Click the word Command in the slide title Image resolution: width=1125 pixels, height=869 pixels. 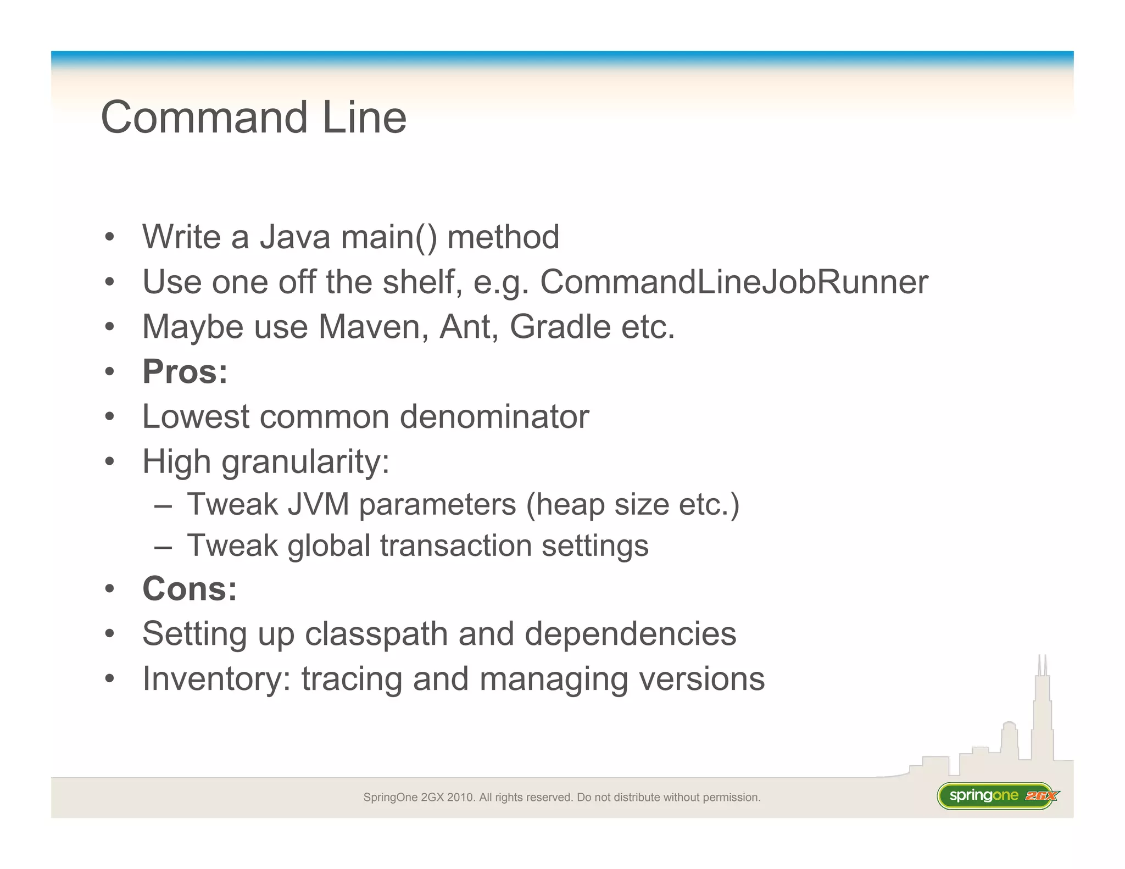pyautogui.click(x=204, y=118)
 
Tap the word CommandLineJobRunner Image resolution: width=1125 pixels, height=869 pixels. pyautogui.click(x=734, y=282)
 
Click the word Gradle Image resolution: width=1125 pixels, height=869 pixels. pyautogui.click(x=560, y=327)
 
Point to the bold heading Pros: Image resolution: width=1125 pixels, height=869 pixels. pyautogui.click(x=185, y=372)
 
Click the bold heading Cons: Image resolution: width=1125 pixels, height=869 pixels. pyautogui.click(x=190, y=589)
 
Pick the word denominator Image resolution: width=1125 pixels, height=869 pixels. pyautogui.click(x=494, y=417)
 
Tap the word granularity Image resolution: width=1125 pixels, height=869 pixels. pyautogui.click(x=305, y=462)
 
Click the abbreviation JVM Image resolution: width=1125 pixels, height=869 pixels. pyautogui.click(x=318, y=504)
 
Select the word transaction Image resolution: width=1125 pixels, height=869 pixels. pyautogui.click(x=455, y=546)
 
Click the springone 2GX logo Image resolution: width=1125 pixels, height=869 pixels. pyautogui.click(x=998, y=796)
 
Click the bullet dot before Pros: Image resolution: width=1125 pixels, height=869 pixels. pyautogui.click(x=110, y=372)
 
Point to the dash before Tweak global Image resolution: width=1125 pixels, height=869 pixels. pyautogui.click(x=163, y=547)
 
